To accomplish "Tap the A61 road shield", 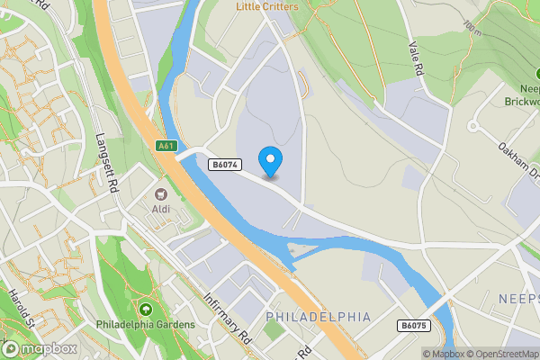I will click(x=165, y=145).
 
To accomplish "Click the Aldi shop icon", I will click(x=162, y=193).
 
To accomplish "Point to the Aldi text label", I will click(x=162, y=210).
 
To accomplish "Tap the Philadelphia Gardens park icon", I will click(x=146, y=309).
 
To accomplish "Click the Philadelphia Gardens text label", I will click(x=146, y=324).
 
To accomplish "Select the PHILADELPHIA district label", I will click(x=319, y=317).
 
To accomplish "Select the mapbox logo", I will click(x=38, y=348).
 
